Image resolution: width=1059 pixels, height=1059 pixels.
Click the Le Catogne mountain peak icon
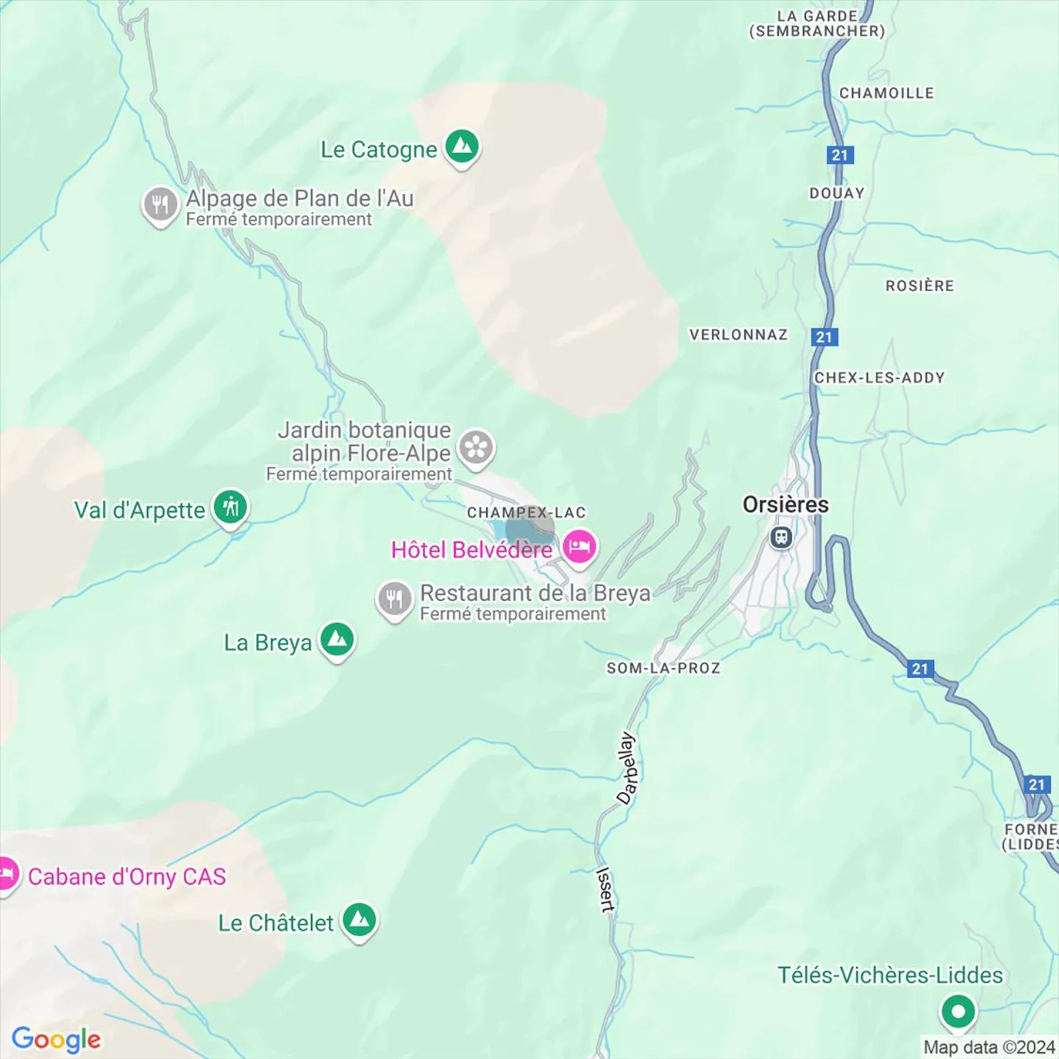pos(461,147)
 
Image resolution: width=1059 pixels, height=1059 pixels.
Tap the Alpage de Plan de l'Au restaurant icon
pos(160,205)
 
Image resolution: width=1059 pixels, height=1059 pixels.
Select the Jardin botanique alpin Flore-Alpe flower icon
pos(476,448)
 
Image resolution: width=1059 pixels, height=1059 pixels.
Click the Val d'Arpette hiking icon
pos(230,507)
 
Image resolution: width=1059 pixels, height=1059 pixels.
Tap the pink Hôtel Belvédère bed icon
pos(579,547)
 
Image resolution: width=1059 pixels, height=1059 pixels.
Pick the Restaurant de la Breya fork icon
pos(395,599)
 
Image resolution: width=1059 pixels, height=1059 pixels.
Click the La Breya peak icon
pos(337,640)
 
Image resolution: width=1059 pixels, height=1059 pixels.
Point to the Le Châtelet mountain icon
pos(359,920)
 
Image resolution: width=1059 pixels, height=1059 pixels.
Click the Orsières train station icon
pos(781,538)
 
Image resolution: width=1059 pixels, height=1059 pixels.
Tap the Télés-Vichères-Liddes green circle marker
pos(958,1012)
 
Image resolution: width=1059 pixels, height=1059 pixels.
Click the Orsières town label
pos(785,504)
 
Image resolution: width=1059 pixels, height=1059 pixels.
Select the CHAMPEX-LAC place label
pos(526,513)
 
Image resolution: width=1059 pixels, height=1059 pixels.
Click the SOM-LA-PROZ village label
pos(663,668)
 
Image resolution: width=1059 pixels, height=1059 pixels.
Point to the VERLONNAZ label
pos(738,335)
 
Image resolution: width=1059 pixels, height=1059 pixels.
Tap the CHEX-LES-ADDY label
pos(879,377)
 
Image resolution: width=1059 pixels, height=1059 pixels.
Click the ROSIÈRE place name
pos(919,285)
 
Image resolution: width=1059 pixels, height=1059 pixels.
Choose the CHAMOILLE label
pos(886,93)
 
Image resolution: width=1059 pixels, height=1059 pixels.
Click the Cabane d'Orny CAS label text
pos(126,877)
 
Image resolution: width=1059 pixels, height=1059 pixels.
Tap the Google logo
pos(56,1039)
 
